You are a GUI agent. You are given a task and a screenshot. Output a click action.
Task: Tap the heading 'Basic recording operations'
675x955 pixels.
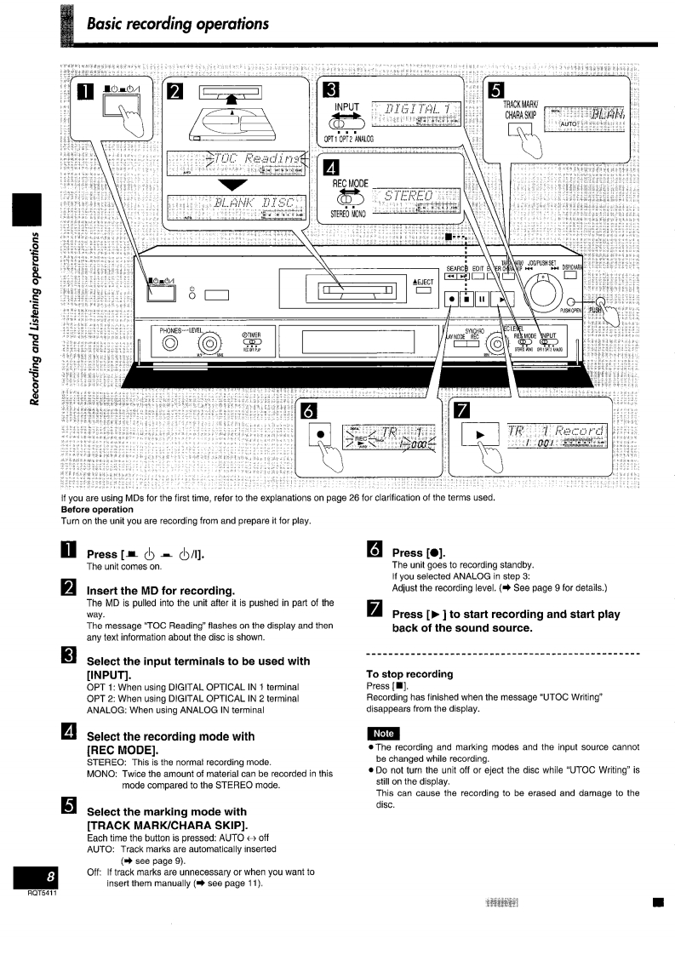click(x=177, y=23)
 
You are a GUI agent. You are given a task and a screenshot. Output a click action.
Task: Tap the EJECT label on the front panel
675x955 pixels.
click(x=423, y=282)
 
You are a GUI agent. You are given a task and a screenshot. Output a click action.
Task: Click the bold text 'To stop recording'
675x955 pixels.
click(x=409, y=674)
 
